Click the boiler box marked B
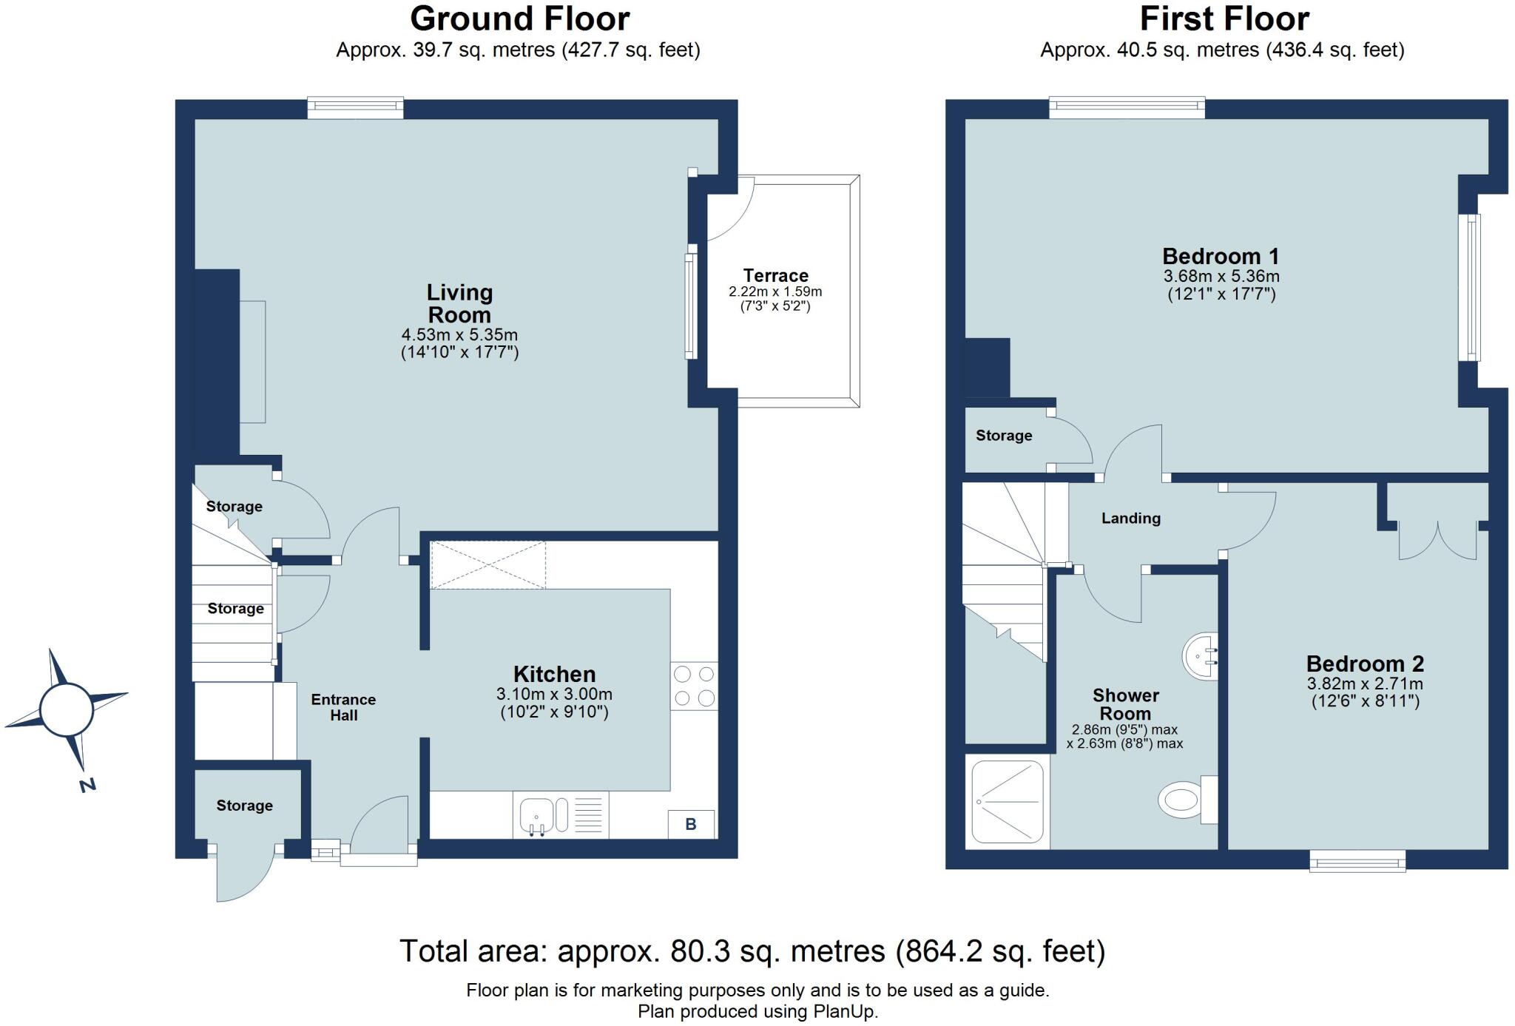click(691, 824)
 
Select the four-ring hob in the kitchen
click(694, 686)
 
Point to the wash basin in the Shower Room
click(1200, 656)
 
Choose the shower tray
click(1008, 801)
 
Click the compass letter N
click(87, 785)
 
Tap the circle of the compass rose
click(67, 709)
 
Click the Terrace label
click(775, 275)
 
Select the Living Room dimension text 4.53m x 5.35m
click(459, 335)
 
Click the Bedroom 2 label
click(1365, 664)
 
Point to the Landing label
click(1130, 519)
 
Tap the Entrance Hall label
click(343, 707)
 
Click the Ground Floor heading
click(519, 18)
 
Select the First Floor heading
click(1224, 18)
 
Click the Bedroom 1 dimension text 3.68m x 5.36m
click(1221, 277)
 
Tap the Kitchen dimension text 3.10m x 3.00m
click(554, 695)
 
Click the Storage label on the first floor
click(1004, 436)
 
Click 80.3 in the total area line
click(695, 951)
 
